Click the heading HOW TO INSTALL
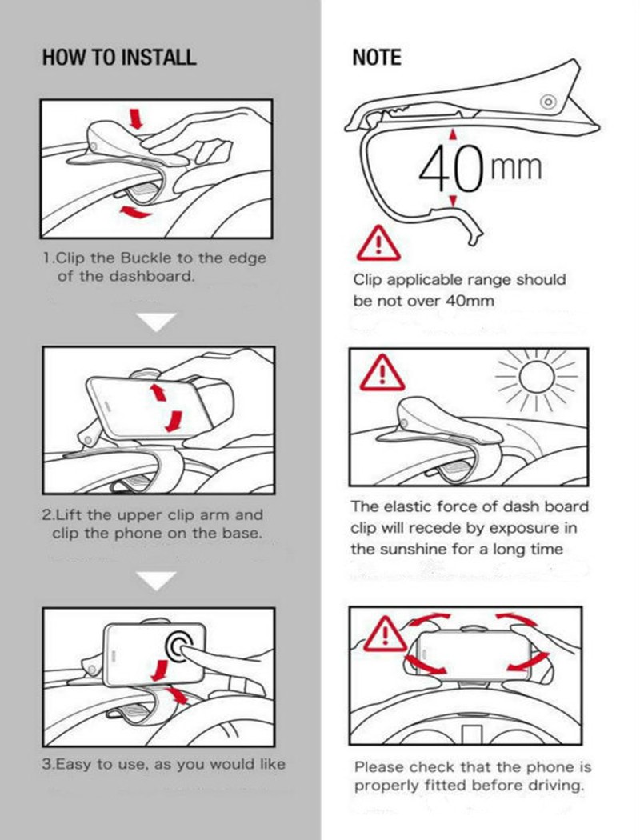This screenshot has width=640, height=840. (x=119, y=58)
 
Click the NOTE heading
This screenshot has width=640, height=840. (x=377, y=58)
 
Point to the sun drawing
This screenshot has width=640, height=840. (x=537, y=377)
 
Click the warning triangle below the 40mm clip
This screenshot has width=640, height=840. (x=378, y=244)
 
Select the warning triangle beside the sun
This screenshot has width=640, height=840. (x=382, y=373)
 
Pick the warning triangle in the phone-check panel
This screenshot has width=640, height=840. (x=385, y=634)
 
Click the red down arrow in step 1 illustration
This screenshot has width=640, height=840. (x=137, y=118)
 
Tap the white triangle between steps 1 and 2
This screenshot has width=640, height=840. (x=156, y=322)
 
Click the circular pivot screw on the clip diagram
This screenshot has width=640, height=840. (x=548, y=102)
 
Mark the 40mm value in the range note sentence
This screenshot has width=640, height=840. (x=470, y=301)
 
